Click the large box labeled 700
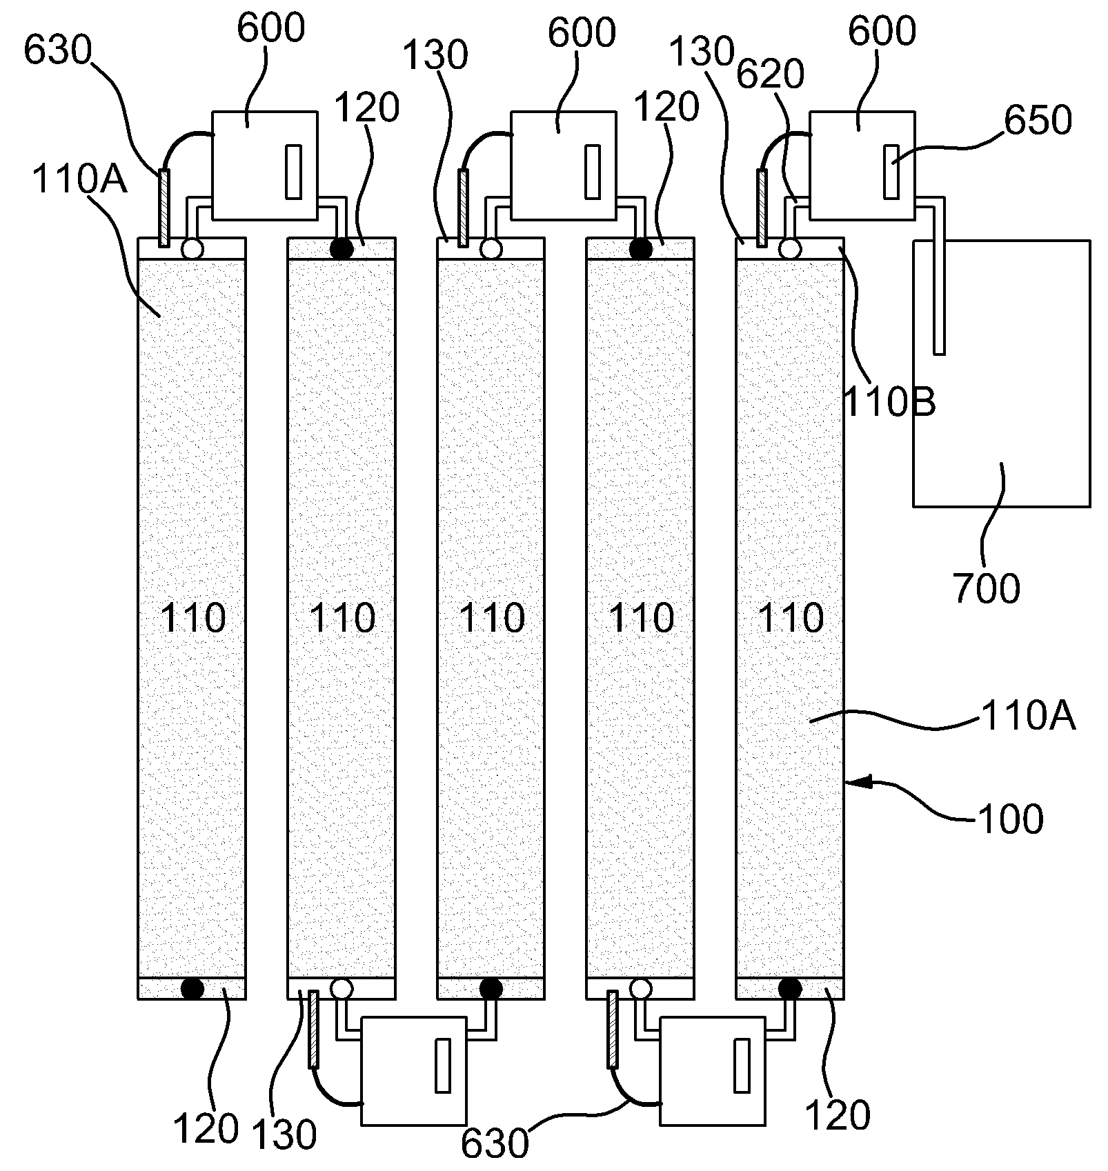[x=1001, y=373]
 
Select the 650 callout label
[x=1038, y=120]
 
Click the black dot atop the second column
[x=342, y=248]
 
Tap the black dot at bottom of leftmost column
[x=192, y=988]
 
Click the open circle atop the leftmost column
[x=192, y=248]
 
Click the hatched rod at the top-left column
[x=164, y=208]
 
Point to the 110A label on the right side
[x=1028, y=717]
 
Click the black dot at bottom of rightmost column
[x=790, y=988]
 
